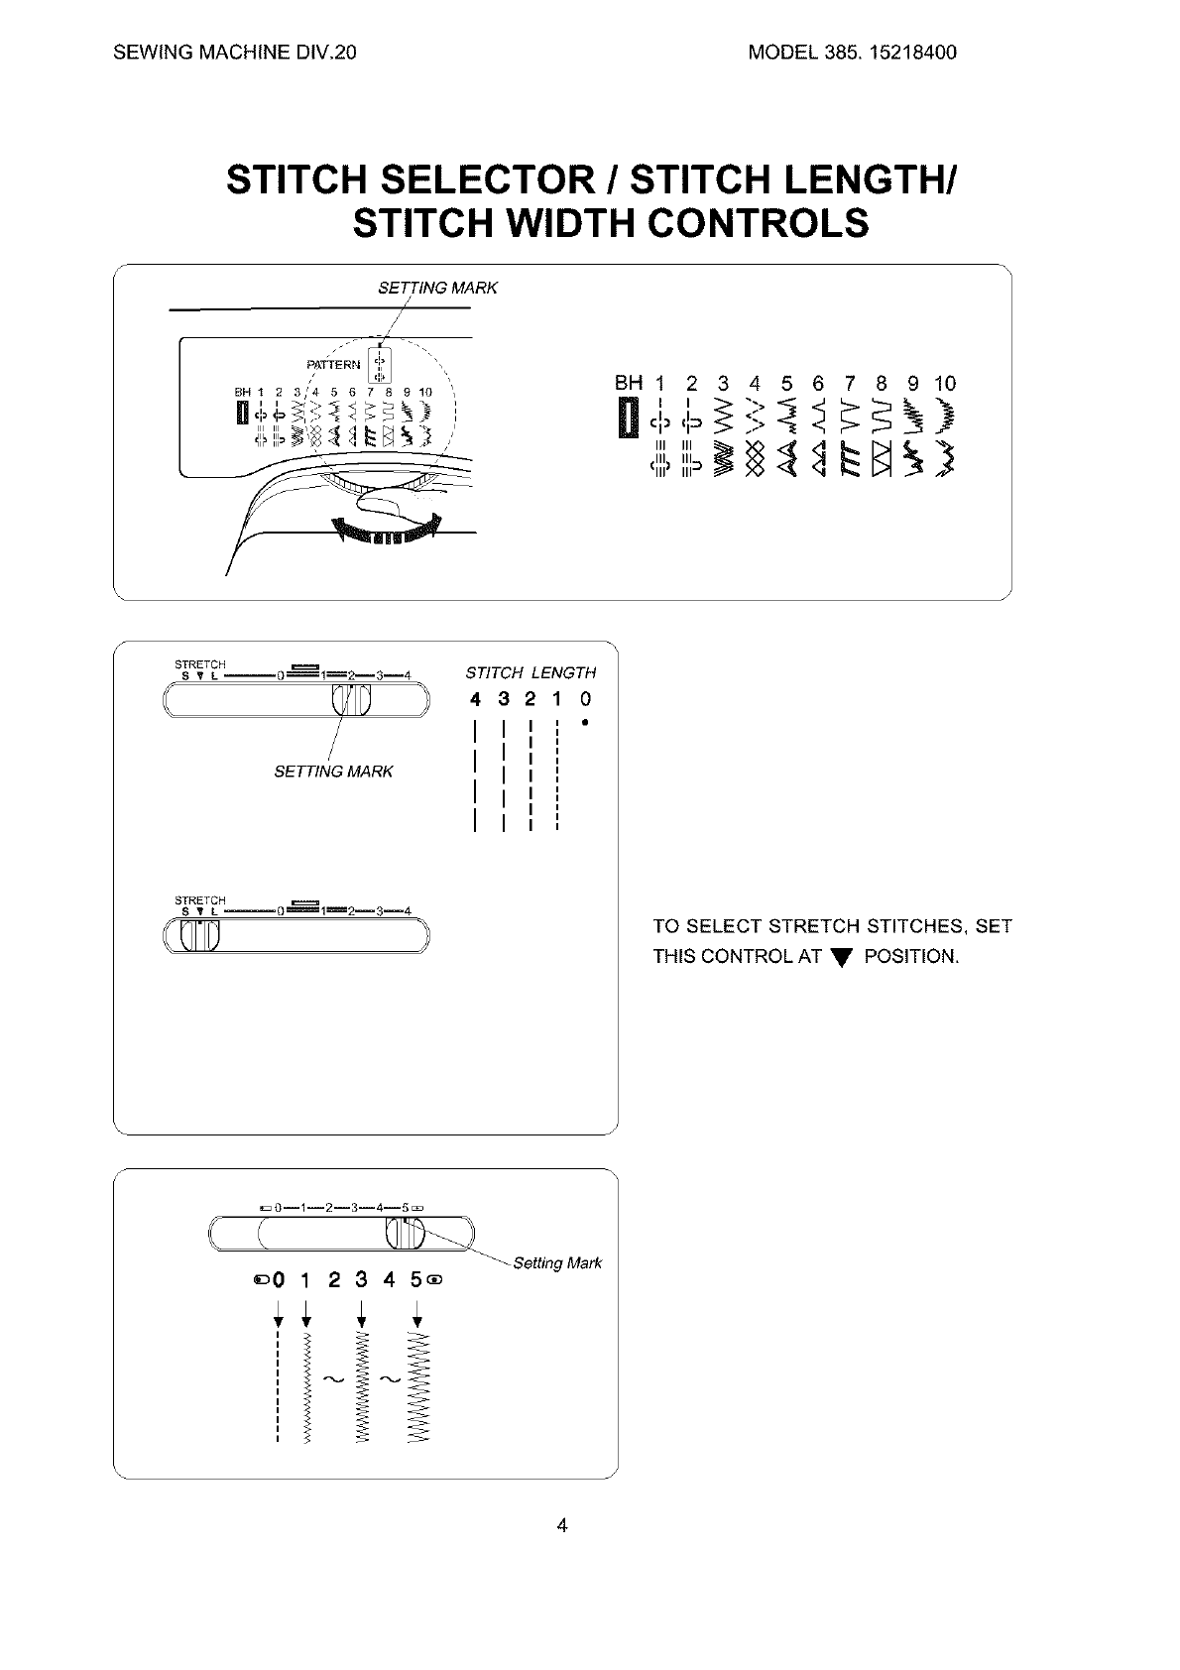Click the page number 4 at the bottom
pyautogui.click(x=562, y=1525)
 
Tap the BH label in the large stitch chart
pyautogui.click(x=628, y=383)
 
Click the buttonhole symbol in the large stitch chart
pyautogui.click(x=627, y=416)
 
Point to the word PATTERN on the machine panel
pyautogui.click(x=334, y=365)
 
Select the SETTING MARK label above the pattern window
pyautogui.click(x=437, y=288)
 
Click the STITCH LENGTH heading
pyautogui.click(x=531, y=673)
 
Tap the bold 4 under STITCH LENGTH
pyautogui.click(x=476, y=700)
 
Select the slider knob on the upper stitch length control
pyautogui.click(x=350, y=700)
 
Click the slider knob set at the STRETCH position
pyautogui.click(x=199, y=935)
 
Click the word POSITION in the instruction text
pyautogui.click(x=910, y=957)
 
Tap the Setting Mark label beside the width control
pyautogui.click(x=556, y=1263)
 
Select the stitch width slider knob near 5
pyautogui.click(x=405, y=1235)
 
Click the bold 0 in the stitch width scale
pyautogui.click(x=279, y=1279)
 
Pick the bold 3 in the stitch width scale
pyautogui.click(x=361, y=1279)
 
